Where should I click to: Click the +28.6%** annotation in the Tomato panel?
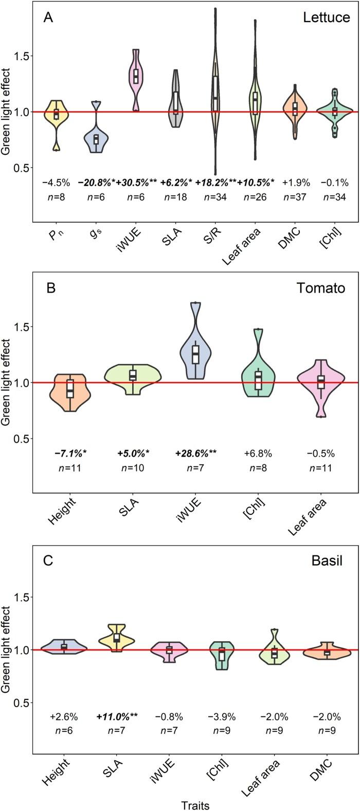point(195,454)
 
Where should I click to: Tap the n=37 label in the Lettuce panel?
point(295,197)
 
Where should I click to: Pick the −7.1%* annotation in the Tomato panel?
point(70,454)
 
